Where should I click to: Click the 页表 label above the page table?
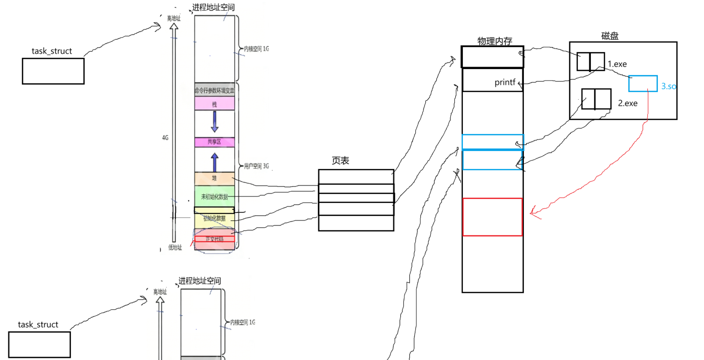click(x=340, y=160)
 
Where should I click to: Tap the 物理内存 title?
click(x=494, y=41)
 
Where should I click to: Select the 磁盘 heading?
click(x=610, y=36)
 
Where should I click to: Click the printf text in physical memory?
click(x=505, y=82)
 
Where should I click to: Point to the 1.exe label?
click(x=617, y=64)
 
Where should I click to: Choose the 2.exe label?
click(x=628, y=103)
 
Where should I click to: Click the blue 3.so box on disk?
click(x=643, y=84)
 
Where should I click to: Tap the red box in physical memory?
click(x=492, y=217)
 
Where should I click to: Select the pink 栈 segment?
click(x=214, y=104)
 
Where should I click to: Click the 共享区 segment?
click(x=214, y=142)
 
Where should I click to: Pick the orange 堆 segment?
click(x=214, y=178)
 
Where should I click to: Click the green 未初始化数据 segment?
click(x=214, y=197)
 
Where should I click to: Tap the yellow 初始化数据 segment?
click(x=214, y=219)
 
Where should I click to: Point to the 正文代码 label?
click(x=214, y=239)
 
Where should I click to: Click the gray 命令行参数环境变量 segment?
click(x=214, y=90)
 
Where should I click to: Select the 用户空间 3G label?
click(x=256, y=166)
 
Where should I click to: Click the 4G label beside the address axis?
click(x=165, y=137)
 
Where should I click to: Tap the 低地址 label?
click(x=175, y=248)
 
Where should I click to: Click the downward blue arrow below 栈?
click(x=215, y=121)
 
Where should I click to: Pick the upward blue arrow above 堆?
click(x=215, y=162)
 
